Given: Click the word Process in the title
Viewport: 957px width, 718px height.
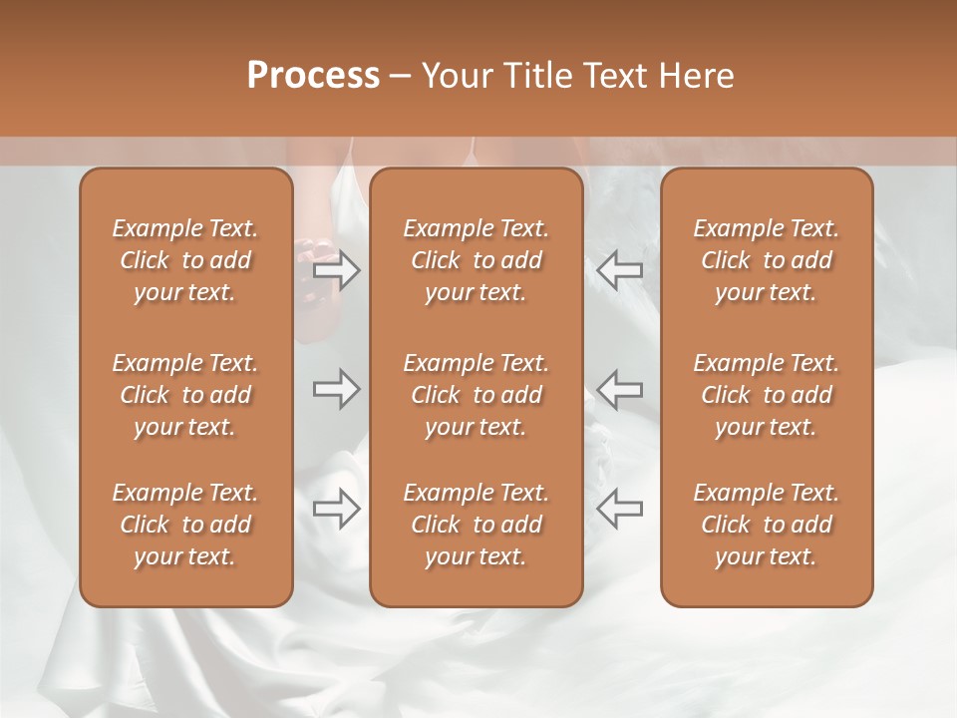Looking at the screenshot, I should point(313,76).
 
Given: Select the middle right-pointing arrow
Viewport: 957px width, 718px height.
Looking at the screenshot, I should point(337,389).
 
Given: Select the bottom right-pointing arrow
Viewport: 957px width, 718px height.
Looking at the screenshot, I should point(337,509).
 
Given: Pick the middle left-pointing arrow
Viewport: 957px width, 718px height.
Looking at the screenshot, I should point(619,389).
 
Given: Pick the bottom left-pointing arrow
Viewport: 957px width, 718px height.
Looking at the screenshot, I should point(619,509).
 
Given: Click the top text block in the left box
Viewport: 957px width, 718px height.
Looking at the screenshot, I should point(185,260).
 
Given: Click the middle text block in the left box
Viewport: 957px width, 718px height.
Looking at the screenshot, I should point(185,395).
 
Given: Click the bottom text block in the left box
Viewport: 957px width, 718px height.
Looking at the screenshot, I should point(185,525).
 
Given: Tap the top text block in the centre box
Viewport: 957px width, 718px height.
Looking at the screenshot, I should point(476,260).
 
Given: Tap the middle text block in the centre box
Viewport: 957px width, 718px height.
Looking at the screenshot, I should point(476,395).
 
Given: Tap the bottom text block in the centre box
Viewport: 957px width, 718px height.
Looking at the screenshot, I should point(476,525).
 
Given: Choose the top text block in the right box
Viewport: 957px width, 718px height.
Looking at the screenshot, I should point(767,260).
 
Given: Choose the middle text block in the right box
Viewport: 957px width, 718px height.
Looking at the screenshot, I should point(767,395).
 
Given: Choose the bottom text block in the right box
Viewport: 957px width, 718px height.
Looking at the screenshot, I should point(767,525).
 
